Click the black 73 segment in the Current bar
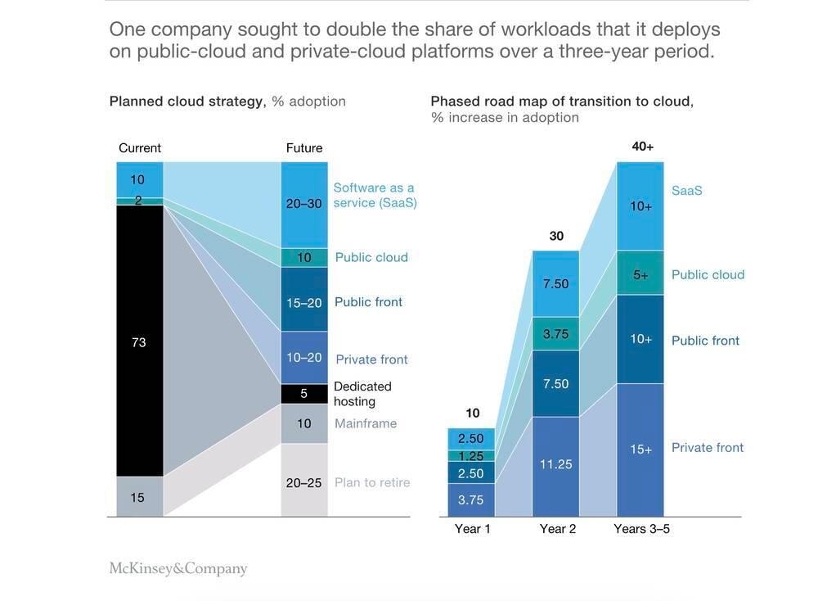(x=139, y=341)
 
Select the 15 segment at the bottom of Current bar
(x=139, y=497)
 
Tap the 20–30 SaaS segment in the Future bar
(x=304, y=204)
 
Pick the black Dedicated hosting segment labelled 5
(x=304, y=394)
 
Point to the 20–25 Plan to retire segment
(x=304, y=481)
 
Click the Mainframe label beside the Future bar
(x=366, y=423)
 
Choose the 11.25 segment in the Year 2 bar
(x=555, y=464)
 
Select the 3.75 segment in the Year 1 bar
(x=470, y=499)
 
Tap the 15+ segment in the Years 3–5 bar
(x=640, y=449)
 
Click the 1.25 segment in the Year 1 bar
(x=470, y=455)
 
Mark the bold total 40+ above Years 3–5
(x=642, y=147)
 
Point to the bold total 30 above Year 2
(x=555, y=236)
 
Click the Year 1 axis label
(x=472, y=529)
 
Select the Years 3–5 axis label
(x=642, y=529)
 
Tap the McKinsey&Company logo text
(x=178, y=568)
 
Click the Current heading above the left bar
(x=140, y=148)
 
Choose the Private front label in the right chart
(x=708, y=448)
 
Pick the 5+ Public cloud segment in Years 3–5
(x=640, y=275)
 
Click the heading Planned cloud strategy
(x=187, y=102)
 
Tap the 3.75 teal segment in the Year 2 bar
(x=555, y=334)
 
